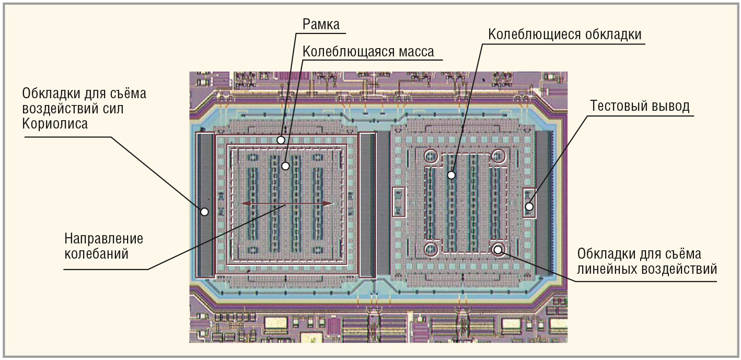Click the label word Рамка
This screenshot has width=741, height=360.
(321, 24)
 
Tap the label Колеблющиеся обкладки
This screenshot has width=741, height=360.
(564, 34)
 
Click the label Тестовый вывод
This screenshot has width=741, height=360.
(640, 106)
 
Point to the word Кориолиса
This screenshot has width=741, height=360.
(54, 124)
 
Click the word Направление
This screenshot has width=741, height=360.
(103, 239)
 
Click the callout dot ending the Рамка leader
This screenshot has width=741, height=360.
(281, 140)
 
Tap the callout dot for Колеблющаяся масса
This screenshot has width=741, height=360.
(285, 166)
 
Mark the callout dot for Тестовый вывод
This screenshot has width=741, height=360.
(529, 206)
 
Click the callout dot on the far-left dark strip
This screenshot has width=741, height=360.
(204, 212)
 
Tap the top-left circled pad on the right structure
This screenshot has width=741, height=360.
(431, 156)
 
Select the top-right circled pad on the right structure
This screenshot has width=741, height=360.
(497, 156)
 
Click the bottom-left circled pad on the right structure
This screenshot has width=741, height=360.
(431, 250)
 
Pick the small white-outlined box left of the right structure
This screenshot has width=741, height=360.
(399, 202)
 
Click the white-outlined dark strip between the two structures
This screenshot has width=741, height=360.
(368, 205)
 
